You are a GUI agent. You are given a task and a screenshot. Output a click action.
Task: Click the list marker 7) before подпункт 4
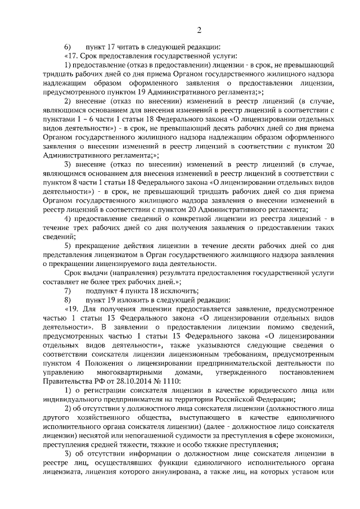(x=67, y=291)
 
